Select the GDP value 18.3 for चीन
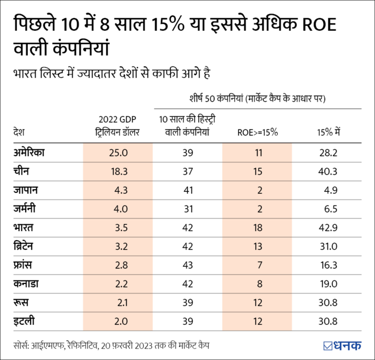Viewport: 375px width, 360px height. (119, 171)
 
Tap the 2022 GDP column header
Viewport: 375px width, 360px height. (118, 126)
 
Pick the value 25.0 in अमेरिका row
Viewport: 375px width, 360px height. (119, 153)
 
